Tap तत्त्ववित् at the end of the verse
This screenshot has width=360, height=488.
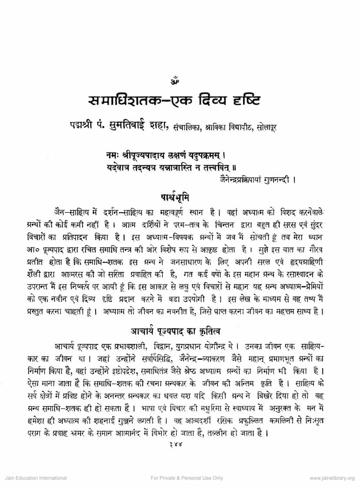238,165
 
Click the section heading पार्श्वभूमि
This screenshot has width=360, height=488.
180,194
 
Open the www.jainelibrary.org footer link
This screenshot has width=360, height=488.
332,478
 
